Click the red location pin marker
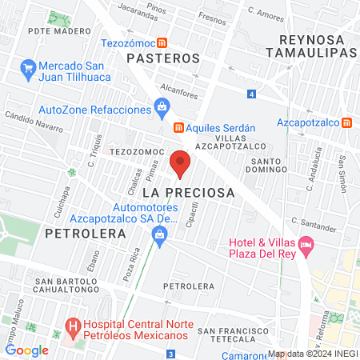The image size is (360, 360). pyautogui.click(x=180, y=162)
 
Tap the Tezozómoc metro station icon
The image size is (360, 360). pyautogui.click(x=162, y=43)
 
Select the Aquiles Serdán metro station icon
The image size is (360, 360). pyautogui.click(x=179, y=127)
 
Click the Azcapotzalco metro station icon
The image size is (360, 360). pyautogui.click(x=347, y=123)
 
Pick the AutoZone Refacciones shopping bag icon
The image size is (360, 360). pyautogui.click(x=162, y=105)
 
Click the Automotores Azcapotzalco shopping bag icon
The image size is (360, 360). pyautogui.click(x=159, y=234)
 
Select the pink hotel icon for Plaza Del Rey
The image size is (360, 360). pyautogui.click(x=305, y=243)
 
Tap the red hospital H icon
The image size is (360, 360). pyautogui.click(x=72, y=327)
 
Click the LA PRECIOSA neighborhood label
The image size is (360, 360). pyautogui.click(x=189, y=193)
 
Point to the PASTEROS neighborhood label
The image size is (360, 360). pyautogui.click(x=162, y=58)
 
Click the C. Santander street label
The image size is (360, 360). pyautogui.click(x=313, y=220)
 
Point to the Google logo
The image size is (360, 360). pyautogui.click(x=26, y=350)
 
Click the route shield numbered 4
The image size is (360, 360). pyautogui.click(x=251, y=94)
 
